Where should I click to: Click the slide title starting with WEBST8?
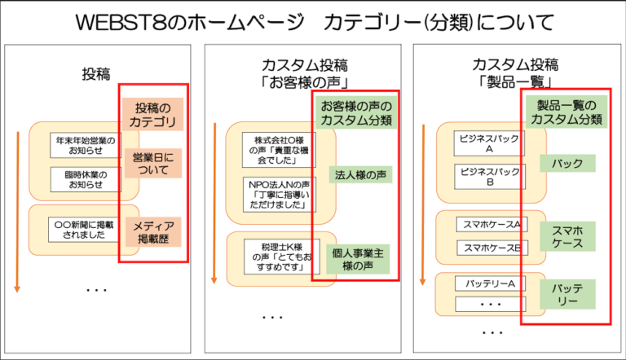312,21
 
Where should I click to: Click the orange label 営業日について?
153,163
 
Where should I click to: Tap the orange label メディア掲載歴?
153,233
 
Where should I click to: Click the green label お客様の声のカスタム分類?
356,113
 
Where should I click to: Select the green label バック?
567,164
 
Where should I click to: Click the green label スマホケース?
567,236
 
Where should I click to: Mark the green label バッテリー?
567,294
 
